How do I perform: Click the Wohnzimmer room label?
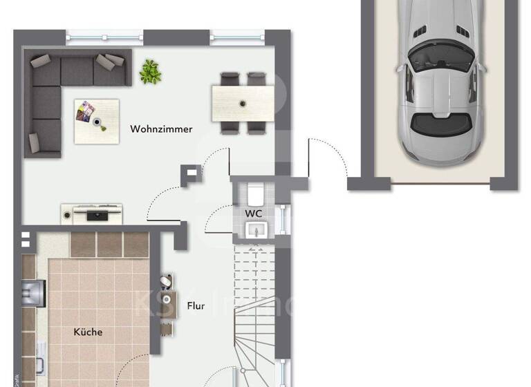click(x=161, y=129)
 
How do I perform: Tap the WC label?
click(x=253, y=214)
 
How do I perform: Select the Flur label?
click(x=196, y=305)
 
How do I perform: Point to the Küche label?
click(x=88, y=332)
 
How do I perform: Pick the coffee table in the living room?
click(x=97, y=121)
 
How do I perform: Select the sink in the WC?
click(x=255, y=230)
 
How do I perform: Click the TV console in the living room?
click(x=92, y=214)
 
